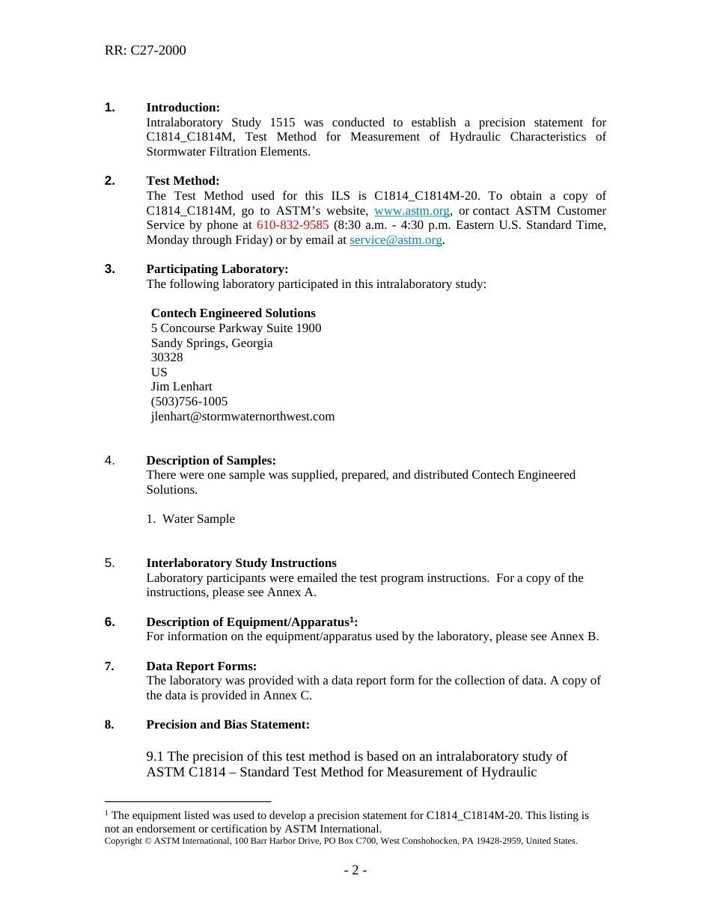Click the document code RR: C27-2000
(x=145, y=50)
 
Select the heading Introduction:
(x=183, y=108)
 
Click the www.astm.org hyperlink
(x=412, y=211)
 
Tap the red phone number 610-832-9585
(x=293, y=225)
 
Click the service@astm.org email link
(x=396, y=240)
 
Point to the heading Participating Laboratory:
(x=217, y=269)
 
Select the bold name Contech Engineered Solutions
(x=233, y=313)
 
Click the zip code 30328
(x=167, y=358)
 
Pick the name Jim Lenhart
(x=181, y=387)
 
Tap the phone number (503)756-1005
(x=189, y=402)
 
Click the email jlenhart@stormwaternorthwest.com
(x=242, y=417)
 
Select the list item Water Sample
(x=198, y=519)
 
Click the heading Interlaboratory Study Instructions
(x=241, y=563)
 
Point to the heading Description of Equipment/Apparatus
(x=248, y=622)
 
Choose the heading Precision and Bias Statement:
(x=228, y=725)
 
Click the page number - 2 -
(x=355, y=871)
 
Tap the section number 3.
(x=109, y=269)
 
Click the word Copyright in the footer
(x=123, y=841)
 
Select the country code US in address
(x=159, y=372)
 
